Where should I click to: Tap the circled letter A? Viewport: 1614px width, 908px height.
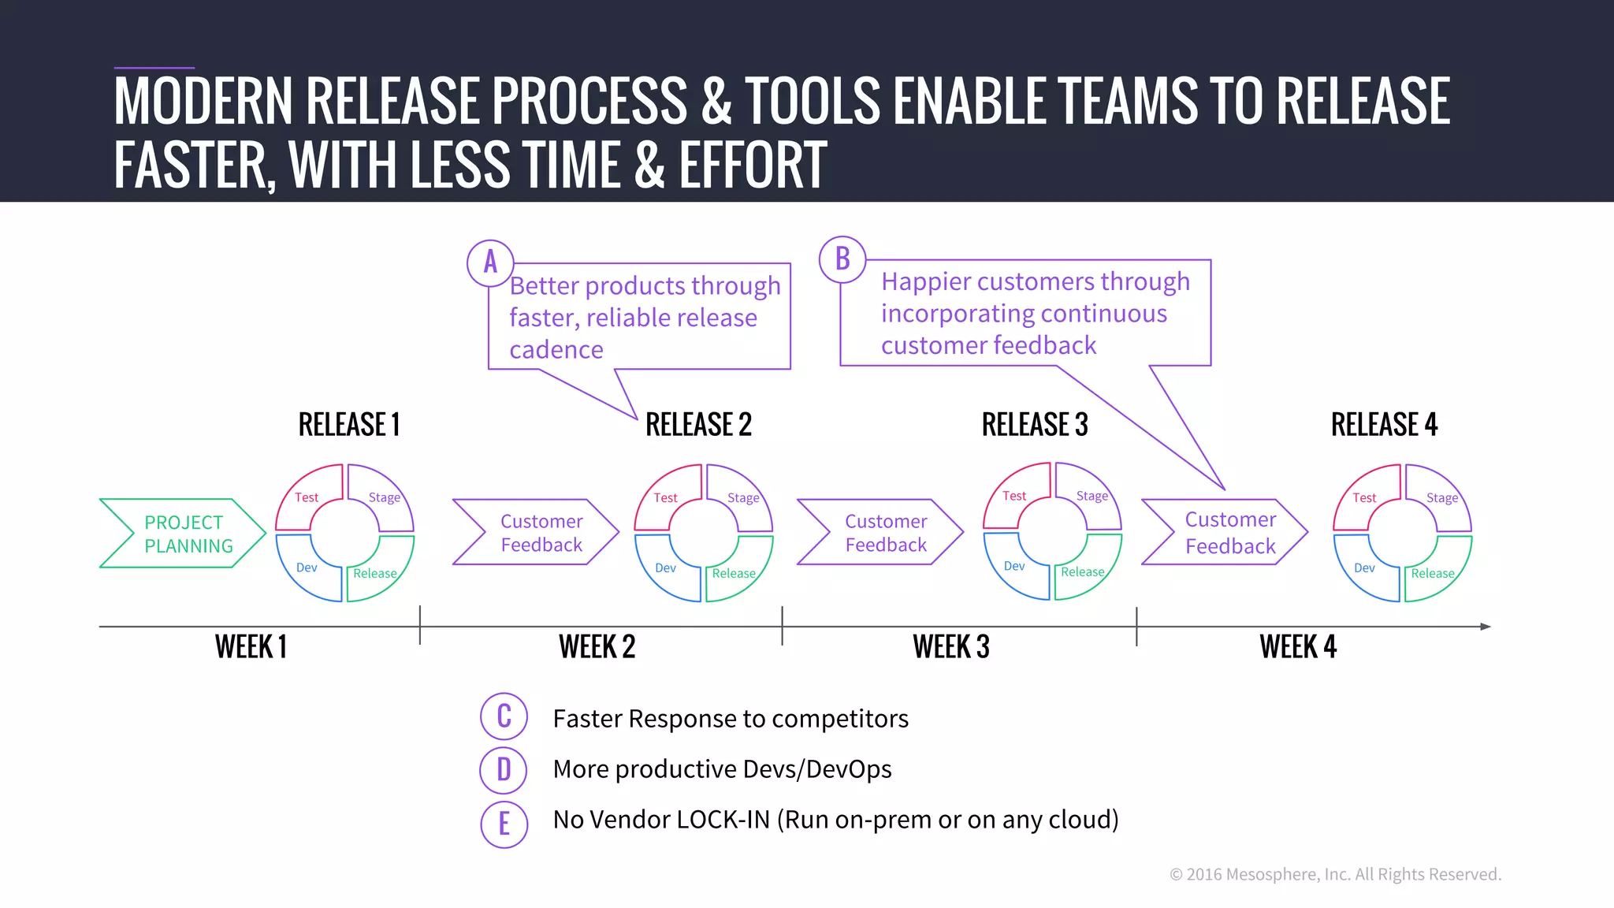(490, 262)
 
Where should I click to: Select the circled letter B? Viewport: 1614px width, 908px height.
(842, 259)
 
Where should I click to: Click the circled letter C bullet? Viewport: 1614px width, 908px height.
(504, 716)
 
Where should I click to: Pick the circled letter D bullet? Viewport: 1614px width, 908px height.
(504, 769)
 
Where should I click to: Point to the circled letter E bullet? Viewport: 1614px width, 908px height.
(504, 824)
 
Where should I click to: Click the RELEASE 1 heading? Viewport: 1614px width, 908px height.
(349, 425)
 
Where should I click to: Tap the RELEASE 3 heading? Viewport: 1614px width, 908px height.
(1035, 425)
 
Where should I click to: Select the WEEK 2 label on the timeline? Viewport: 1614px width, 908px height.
(597, 647)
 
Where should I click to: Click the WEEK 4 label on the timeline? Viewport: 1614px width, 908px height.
(1298, 647)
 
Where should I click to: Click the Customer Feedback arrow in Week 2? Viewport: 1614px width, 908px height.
(536, 533)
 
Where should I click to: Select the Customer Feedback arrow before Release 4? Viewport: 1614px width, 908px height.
(1225, 533)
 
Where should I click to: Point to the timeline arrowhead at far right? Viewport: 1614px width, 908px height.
(1486, 627)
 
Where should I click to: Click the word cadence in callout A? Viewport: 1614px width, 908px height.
(556, 350)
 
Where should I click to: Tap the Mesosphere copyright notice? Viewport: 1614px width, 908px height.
(1335, 874)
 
